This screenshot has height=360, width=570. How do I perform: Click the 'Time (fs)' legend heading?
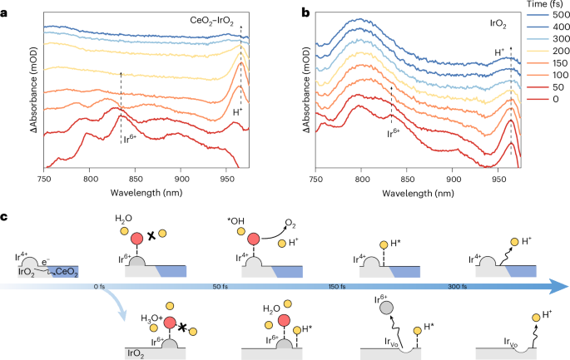(x=541, y=5)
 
